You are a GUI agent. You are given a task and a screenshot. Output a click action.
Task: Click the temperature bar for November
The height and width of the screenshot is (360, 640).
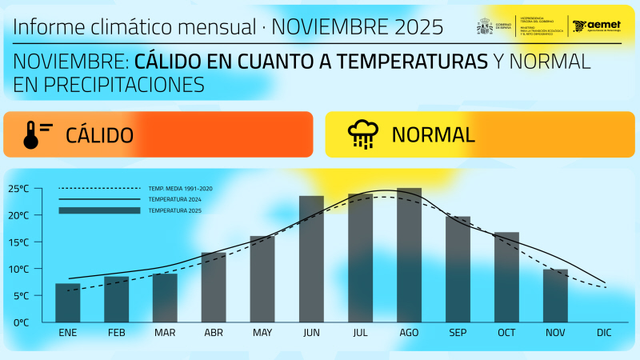click(x=555, y=295)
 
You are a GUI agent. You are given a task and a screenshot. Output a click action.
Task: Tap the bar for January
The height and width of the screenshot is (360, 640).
click(x=67, y=302)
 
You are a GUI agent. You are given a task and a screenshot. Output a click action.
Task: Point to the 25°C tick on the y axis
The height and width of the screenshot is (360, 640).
click(x=18, y=189)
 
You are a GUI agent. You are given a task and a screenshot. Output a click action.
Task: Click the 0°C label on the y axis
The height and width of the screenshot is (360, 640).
click(x=20, y=322)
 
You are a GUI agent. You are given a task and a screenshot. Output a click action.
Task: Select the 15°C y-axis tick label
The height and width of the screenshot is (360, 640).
click(x=18, y=242)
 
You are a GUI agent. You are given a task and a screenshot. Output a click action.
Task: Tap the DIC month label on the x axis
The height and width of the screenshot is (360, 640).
click(x=604, y=333)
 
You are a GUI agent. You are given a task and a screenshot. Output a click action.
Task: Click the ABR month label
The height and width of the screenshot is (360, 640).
click(x=214, y=333)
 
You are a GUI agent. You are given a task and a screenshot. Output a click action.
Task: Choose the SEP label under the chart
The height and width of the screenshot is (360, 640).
click(x=458, y=333)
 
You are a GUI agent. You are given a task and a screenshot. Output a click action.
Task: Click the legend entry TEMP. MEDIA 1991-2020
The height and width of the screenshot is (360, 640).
click(x=180, y=188)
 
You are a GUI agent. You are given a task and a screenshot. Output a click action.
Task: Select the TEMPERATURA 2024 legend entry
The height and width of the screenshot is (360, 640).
click(x=174, y=199)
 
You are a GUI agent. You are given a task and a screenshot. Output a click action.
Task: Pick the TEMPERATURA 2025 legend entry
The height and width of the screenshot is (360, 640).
click(x=174, y=210)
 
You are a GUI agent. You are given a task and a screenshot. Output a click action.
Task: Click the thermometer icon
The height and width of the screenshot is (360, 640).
click(x=32, y=135)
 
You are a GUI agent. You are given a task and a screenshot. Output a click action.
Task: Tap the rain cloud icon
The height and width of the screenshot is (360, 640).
click(x=363, y=135)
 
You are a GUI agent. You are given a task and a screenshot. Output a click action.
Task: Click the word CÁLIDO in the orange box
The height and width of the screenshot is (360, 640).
click(x=99, y=135)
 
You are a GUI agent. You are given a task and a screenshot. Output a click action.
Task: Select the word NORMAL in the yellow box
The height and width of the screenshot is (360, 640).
click(x=433, y=135)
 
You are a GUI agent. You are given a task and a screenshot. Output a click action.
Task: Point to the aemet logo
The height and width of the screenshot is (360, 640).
click(x=596, y=26)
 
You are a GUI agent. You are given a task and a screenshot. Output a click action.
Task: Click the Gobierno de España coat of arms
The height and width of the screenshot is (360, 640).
click(x=485, y=26)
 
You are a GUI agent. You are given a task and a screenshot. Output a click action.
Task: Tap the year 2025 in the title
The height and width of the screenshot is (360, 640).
click(x=418, y=27)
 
